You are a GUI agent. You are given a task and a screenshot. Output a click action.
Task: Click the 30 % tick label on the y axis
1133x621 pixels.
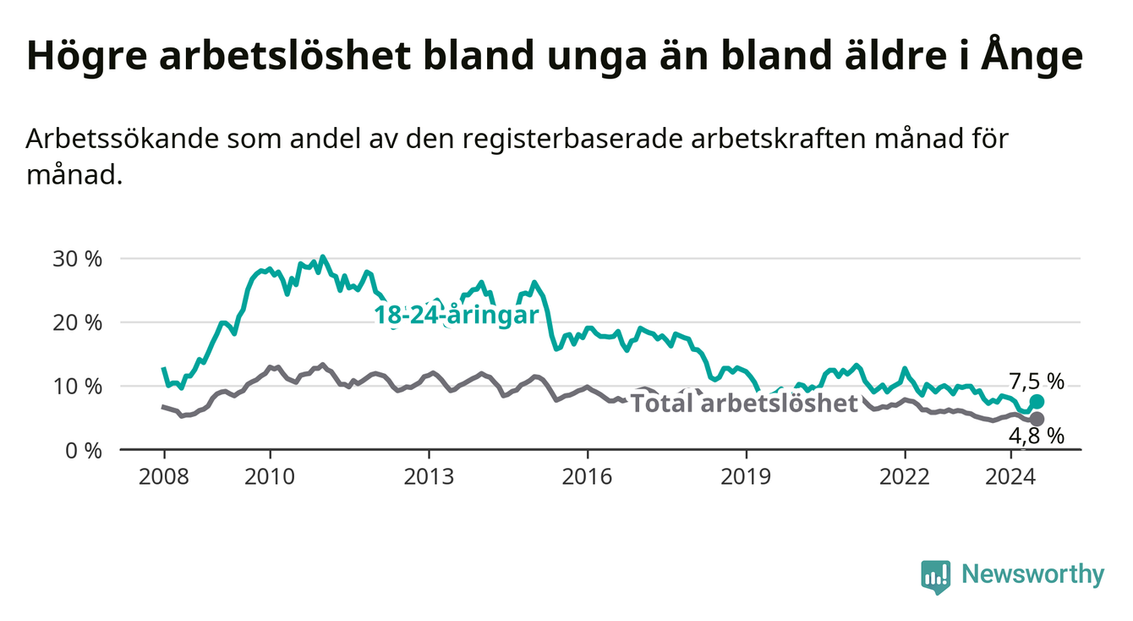[77, 259]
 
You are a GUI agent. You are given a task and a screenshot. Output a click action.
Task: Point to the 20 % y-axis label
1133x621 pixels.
[77, 323]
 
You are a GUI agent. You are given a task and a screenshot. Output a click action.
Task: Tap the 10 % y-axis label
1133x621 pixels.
[77, 387]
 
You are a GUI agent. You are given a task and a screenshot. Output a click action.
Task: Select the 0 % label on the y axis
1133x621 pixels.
[84, 450]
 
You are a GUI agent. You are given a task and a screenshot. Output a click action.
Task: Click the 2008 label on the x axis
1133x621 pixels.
[164, 477]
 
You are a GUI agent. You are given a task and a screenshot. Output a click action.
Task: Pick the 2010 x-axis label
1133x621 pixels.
[270, 477]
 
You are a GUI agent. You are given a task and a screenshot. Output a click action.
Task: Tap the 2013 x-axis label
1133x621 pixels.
[429, 477]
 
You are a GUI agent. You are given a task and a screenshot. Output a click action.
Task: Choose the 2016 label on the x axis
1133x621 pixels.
[588, 477]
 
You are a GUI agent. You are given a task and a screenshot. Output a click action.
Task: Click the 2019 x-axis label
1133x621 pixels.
[746, 477]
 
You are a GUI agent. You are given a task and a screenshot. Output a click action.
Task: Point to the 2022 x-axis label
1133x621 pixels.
[905, 477]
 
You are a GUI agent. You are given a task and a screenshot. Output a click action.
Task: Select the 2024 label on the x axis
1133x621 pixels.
[1010, 477]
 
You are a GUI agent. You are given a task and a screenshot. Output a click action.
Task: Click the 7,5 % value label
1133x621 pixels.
[1037, 382]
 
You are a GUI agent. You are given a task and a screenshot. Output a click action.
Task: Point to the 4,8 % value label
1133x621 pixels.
[1037, 437]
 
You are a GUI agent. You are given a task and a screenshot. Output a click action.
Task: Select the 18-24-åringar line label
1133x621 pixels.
[457, 316]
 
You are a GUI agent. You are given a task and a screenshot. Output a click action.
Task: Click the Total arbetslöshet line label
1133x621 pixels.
[745, 404]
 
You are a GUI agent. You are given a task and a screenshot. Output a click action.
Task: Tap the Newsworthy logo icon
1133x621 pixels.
[936, 576]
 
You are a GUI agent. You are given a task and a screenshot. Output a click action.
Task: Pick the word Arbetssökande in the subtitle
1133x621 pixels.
[122, 139]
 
